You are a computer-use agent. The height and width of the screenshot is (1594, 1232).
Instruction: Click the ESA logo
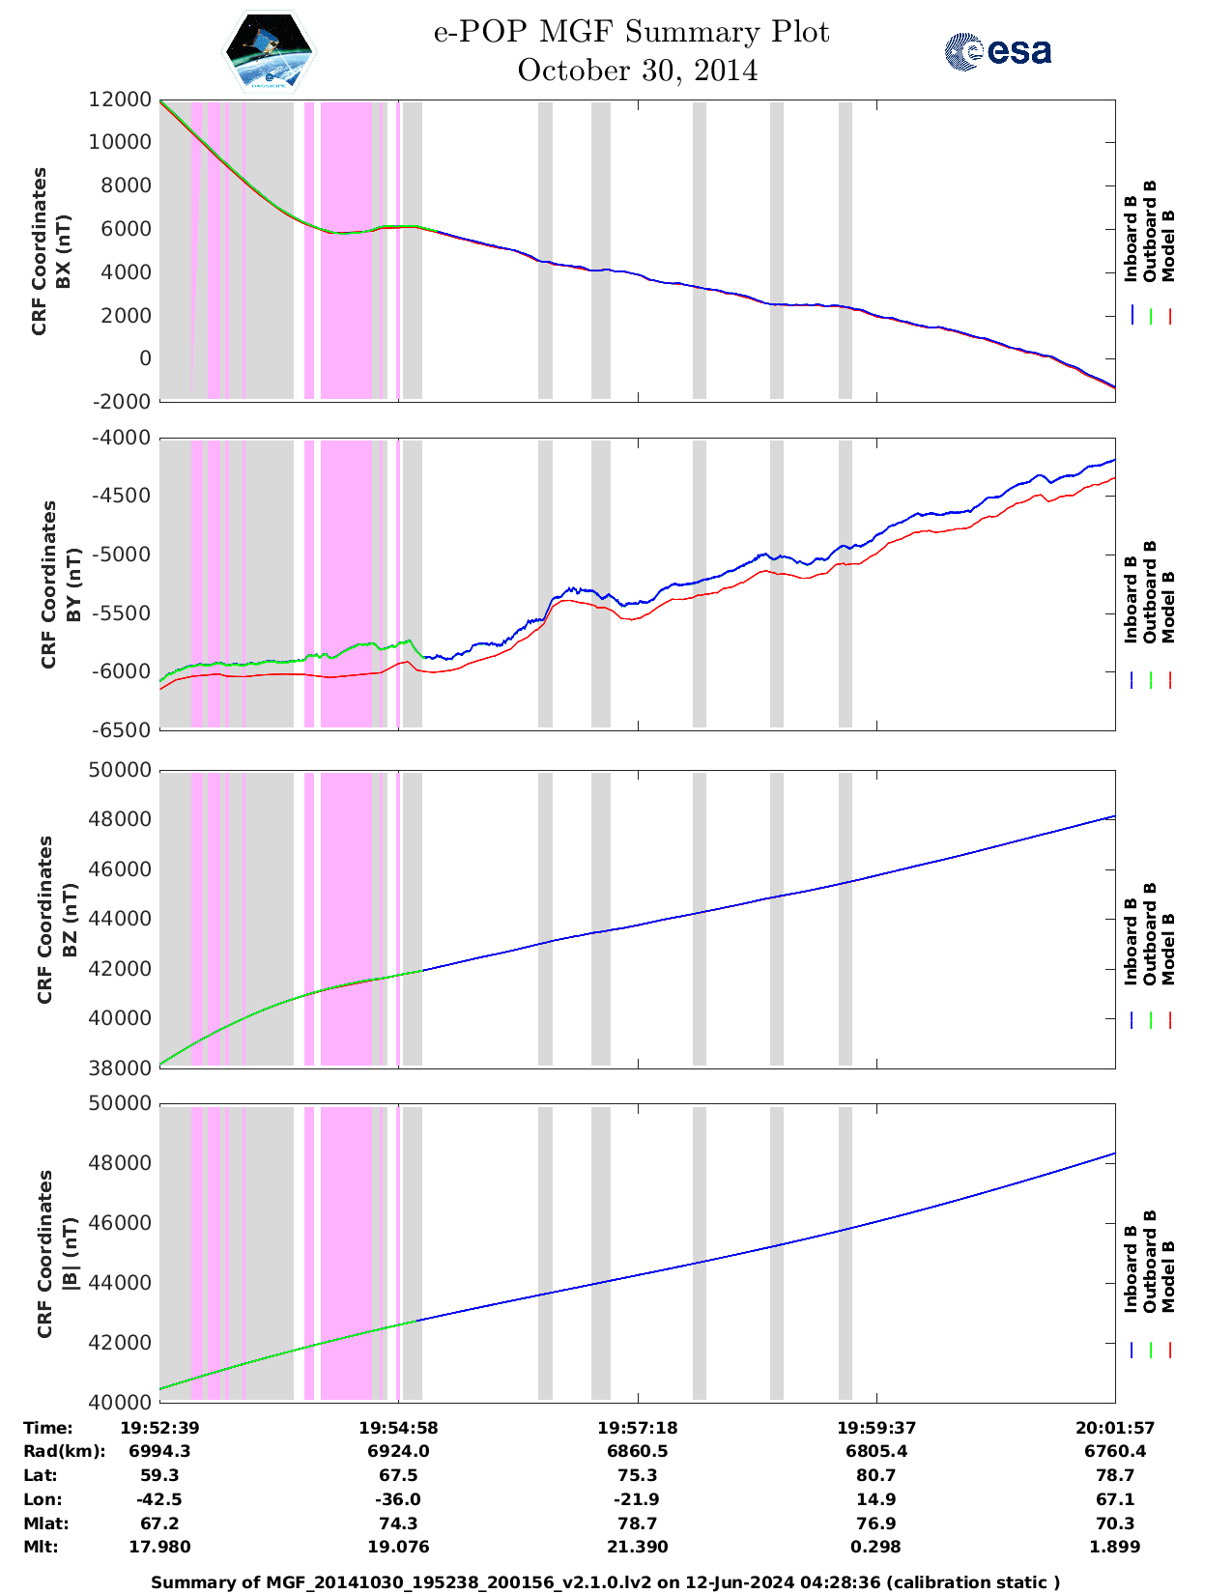point(998,51)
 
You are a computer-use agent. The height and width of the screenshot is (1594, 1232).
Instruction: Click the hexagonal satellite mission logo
point(269,51)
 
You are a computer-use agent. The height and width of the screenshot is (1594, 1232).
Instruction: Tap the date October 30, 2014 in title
point(637,71)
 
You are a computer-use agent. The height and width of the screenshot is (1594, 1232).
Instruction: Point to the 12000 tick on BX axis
point(121,100)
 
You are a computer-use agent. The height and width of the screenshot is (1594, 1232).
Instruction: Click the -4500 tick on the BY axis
point(121,497)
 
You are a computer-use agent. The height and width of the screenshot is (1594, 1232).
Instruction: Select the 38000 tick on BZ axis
point(121,1068)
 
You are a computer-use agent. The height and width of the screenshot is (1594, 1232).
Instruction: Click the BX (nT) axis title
point(64,251)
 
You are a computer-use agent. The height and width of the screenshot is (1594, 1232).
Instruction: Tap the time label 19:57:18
point(637,1428)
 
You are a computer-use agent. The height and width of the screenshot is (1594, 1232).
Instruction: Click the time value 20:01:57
point(1115,1428)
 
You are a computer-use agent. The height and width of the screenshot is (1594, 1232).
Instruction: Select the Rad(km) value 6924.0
point(398,1452)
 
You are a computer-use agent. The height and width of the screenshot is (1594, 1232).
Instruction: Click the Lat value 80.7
point(876,1476)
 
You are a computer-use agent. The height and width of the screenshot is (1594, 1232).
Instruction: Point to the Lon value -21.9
point(637,1500)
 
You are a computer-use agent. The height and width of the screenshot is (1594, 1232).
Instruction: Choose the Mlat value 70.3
point(1115,1524)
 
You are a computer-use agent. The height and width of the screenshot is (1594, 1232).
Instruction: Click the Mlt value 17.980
point(159,1548)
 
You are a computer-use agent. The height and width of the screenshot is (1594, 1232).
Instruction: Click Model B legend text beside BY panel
point(1168,607)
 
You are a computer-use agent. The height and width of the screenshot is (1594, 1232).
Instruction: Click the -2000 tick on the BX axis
point(121,402)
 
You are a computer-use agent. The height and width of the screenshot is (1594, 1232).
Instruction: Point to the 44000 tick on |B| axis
point(121,1283)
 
